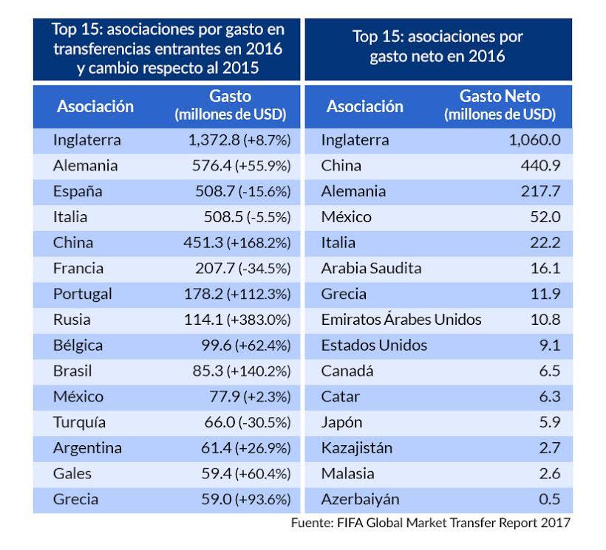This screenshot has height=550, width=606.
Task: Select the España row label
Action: (x=78, y=191)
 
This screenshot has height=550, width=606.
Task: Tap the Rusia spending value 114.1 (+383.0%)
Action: (x=237, y=320)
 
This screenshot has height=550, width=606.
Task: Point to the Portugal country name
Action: (x=83, y=294)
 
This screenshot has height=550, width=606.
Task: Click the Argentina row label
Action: (x=87, y=448)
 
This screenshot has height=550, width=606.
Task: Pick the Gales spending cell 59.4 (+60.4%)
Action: (x=246, y=473)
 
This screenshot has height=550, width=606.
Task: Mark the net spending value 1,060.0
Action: (x=534, y=140)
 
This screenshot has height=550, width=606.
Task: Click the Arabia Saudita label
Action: (x=371, y=268)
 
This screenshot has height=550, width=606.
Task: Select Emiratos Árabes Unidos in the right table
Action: (x=401, y=320)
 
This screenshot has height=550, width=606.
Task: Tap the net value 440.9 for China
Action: (x=540, y=165)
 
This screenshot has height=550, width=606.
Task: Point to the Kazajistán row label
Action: (x=357, y=448)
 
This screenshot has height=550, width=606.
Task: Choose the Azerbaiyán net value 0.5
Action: (x=549, y=499)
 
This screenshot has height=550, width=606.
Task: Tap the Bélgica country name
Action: (x=78, y=346)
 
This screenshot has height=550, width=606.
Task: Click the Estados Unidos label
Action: (x=374, y=346)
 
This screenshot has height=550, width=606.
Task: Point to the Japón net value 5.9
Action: (x=549, y=422)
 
